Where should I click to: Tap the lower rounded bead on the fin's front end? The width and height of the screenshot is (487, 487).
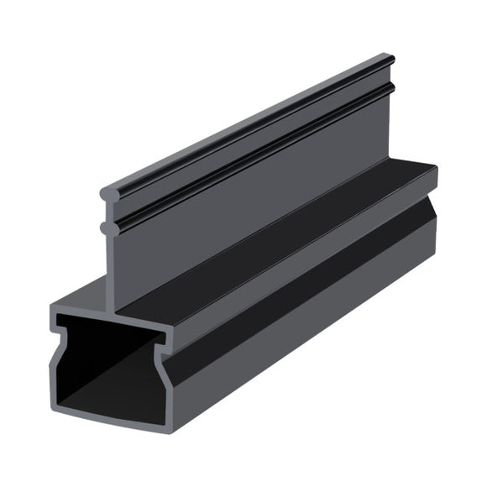[105, 226]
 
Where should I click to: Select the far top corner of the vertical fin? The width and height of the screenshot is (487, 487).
[390, 58]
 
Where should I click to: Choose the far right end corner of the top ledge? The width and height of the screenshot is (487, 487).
[436, 168]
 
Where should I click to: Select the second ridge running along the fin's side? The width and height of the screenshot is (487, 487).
[252, 151]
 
